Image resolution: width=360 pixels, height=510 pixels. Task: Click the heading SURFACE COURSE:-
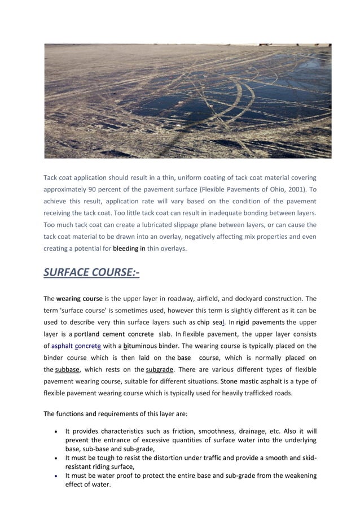point(91,273)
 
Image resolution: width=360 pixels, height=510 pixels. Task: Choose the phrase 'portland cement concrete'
point(110,334)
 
